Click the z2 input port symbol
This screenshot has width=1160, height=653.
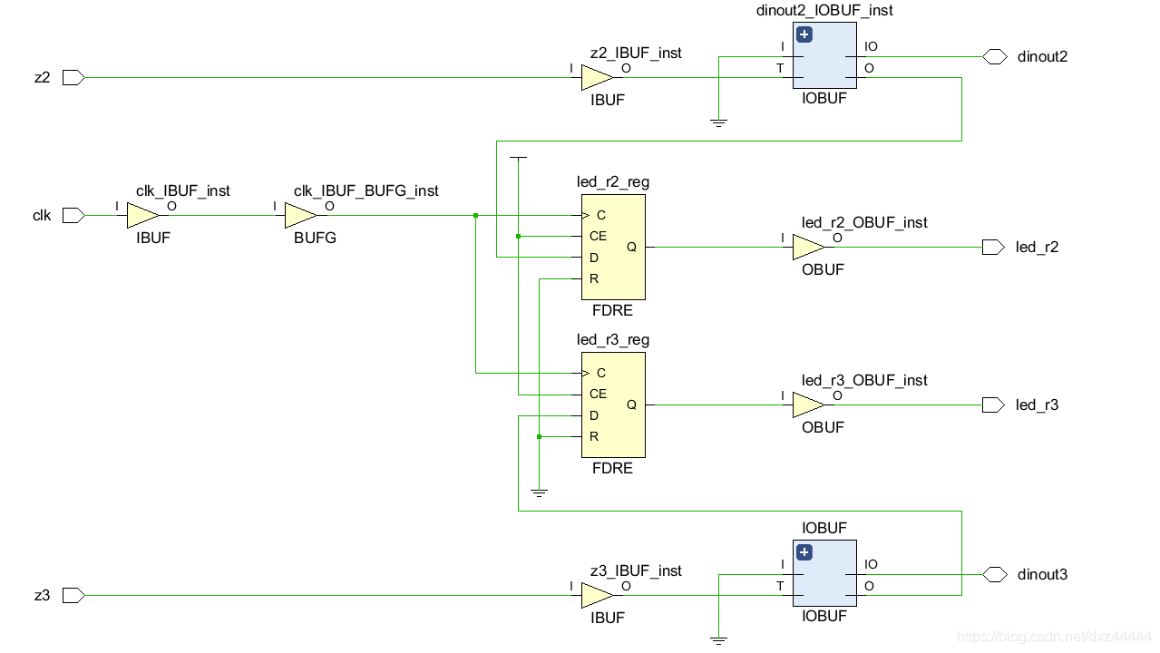73,78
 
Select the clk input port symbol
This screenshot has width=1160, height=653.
73,216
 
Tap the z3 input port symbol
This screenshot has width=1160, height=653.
73,596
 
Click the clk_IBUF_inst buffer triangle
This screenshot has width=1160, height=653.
142,216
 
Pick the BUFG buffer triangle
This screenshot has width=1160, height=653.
300,216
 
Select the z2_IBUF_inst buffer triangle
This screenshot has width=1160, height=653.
597,78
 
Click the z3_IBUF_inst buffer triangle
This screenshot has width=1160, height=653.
597,596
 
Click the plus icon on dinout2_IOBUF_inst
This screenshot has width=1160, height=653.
804,34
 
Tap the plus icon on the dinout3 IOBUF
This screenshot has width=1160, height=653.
804,552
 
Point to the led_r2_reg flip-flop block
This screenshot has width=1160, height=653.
613,247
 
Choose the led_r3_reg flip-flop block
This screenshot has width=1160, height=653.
613,405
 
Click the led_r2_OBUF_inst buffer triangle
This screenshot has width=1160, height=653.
808,247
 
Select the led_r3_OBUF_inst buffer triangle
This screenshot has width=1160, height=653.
808,405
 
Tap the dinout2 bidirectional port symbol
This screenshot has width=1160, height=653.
995,56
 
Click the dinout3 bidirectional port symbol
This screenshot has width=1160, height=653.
995,574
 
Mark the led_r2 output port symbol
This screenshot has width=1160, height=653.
993,247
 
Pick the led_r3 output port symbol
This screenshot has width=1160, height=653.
993,405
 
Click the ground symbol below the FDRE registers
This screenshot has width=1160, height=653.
539,492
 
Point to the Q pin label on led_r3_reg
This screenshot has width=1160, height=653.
631,405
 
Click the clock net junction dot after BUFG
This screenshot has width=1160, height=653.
475,216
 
